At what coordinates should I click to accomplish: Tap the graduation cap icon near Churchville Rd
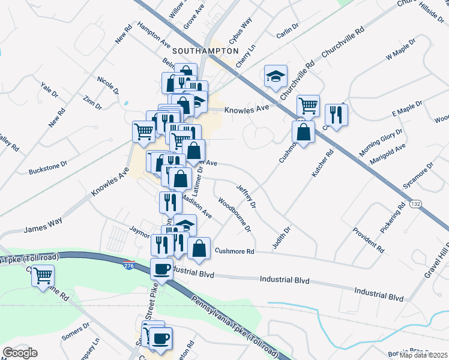(276, 76)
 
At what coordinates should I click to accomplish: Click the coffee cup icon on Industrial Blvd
(161, 269)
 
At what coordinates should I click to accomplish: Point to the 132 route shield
(415, 205)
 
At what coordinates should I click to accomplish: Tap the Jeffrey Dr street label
(247, 197)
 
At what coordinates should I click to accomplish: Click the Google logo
(20, 353)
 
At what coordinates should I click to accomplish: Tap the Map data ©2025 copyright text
(423, 355)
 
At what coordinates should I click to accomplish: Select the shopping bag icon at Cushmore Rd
(199, 247)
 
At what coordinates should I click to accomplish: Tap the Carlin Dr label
(288, 31)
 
